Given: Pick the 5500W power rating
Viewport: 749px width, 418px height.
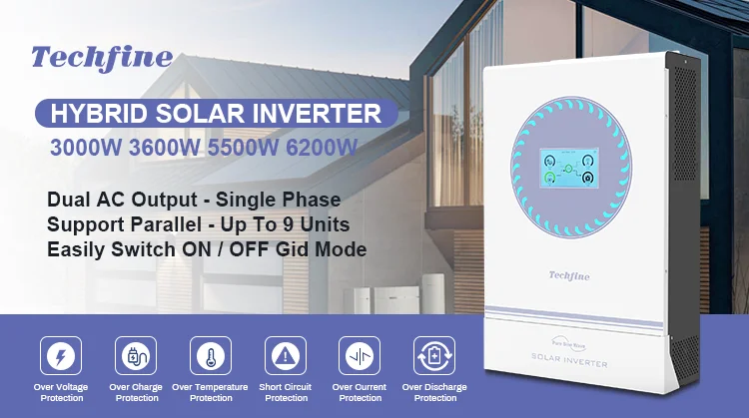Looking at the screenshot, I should click(x=247, y=147).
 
